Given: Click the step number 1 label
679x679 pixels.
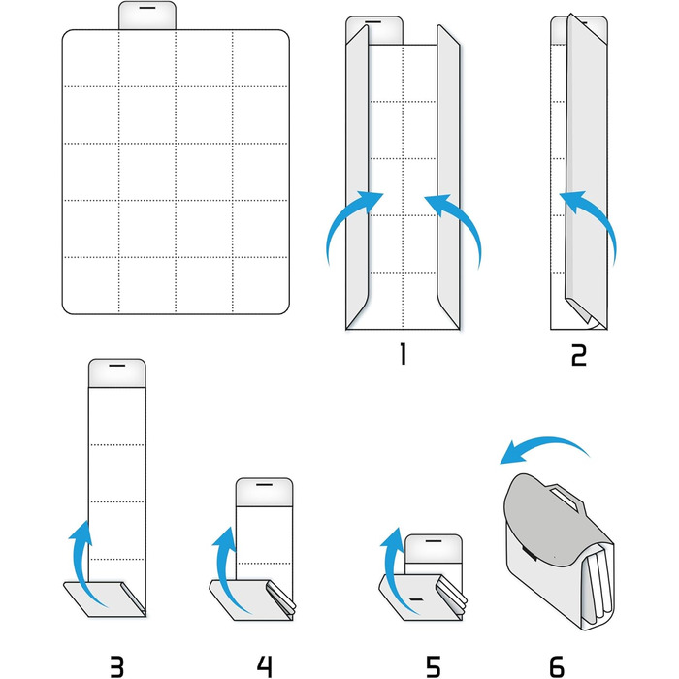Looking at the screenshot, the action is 404,354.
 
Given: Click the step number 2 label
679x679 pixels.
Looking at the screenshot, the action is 578,355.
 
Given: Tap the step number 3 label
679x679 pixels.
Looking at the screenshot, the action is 117,666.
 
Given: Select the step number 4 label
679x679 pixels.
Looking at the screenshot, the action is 265,666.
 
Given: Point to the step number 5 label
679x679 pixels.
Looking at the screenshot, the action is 433,666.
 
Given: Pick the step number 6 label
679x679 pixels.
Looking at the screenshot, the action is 557,666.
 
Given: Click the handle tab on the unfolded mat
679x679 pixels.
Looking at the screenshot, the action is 147,16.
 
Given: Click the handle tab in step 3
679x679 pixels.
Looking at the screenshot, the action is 117,373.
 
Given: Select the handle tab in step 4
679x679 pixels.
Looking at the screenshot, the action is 264,493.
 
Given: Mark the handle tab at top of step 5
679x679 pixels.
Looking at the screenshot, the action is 434,549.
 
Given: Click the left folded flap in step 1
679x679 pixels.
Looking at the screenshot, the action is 357,177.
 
